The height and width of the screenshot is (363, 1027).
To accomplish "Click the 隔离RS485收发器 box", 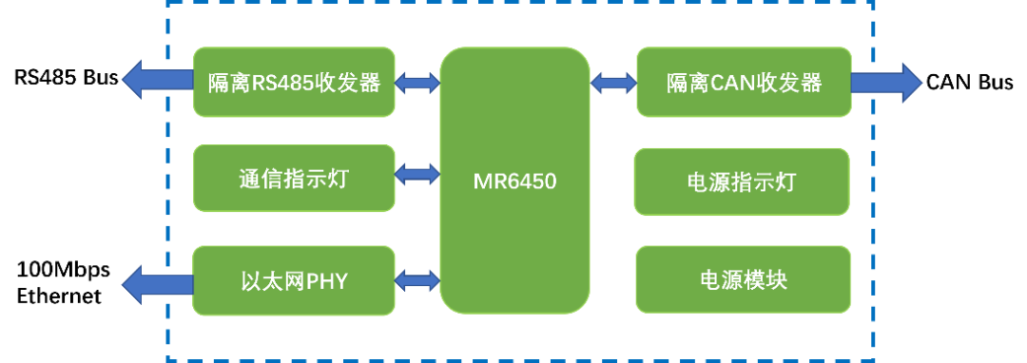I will click(295, 82).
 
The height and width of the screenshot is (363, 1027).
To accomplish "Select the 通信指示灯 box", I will click(295, 179).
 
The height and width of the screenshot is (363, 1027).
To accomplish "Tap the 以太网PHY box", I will click(295, 280).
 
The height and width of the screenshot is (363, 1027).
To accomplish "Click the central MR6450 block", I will click(514, 181).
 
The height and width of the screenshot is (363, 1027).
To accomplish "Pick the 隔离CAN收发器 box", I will click(744, 82).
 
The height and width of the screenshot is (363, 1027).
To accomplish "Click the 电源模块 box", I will click(743, 279).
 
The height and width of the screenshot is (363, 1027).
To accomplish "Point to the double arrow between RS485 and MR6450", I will click(417, 84).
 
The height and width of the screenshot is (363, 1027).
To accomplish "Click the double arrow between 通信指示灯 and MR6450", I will click(417, 174).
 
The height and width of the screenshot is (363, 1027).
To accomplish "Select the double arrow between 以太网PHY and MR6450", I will click(417, 279).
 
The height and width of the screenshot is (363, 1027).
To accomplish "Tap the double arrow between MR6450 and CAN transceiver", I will click(613, 83).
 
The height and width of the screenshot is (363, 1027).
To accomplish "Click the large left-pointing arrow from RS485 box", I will click(157, 79).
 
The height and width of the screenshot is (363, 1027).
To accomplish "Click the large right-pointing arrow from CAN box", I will click(886, 83).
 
